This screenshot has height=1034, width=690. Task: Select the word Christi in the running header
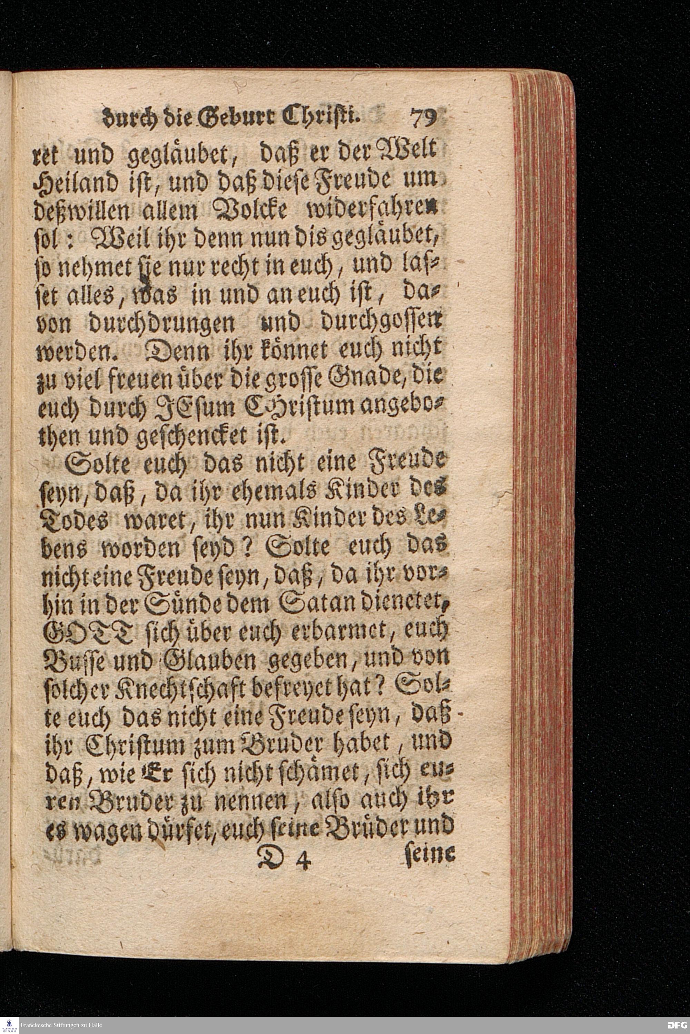324,117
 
